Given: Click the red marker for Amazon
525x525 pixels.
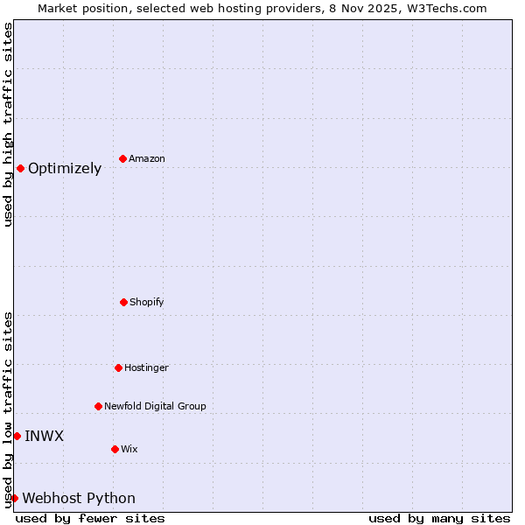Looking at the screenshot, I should [x=123, y=158].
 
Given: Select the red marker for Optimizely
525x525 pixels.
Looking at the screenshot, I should [x=20, y=168].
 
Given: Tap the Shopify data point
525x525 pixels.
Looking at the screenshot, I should [x=123, y=302].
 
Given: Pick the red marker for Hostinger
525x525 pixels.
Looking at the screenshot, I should [x=118, y=367].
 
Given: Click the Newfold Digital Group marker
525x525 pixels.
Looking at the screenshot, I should [x=98, y=406].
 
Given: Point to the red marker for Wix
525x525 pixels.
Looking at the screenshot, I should [x=115, y=449].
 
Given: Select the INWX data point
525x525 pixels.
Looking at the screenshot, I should [x=17, y=436].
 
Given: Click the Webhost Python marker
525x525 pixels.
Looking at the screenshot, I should [x=14, y=498].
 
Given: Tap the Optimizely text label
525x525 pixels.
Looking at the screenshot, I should [x=65, y=169].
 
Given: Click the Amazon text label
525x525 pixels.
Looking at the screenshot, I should [x=147, y=159].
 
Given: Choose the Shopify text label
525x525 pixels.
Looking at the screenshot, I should [x=147, y=303].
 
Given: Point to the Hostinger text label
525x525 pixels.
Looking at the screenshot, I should [x=146, y=368].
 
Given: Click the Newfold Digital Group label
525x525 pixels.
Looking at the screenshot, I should [x=156, y=407].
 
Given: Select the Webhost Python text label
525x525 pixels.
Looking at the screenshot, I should [x=79, y=499].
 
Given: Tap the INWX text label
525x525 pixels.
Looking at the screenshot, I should [x=44, y=437].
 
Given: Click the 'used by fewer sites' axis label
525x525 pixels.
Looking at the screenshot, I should [x=90, y=518].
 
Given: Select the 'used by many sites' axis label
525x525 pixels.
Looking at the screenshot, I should [x=439, y=518].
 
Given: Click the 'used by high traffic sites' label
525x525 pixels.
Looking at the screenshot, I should [x=8, y=124].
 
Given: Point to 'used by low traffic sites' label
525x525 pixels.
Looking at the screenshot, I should [x=8, y=409].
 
